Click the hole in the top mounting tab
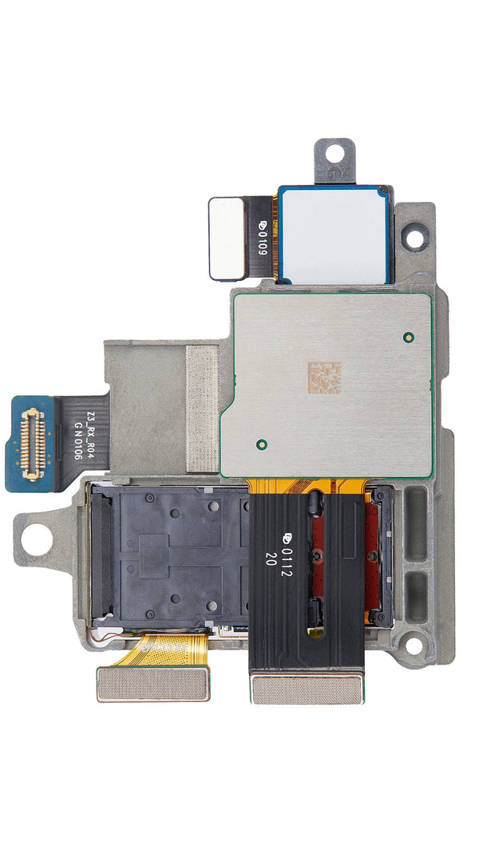tap(335, 153)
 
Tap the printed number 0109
tap(262, 238)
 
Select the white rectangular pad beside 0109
tap(227, 239)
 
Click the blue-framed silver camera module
tap(335, 235)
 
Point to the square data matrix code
tap(325, 377)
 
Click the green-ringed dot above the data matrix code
tap(408, 338)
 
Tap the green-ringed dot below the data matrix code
tap(262, 444)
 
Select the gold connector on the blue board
tap(33, 444)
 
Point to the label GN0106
tap(77, 441)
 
